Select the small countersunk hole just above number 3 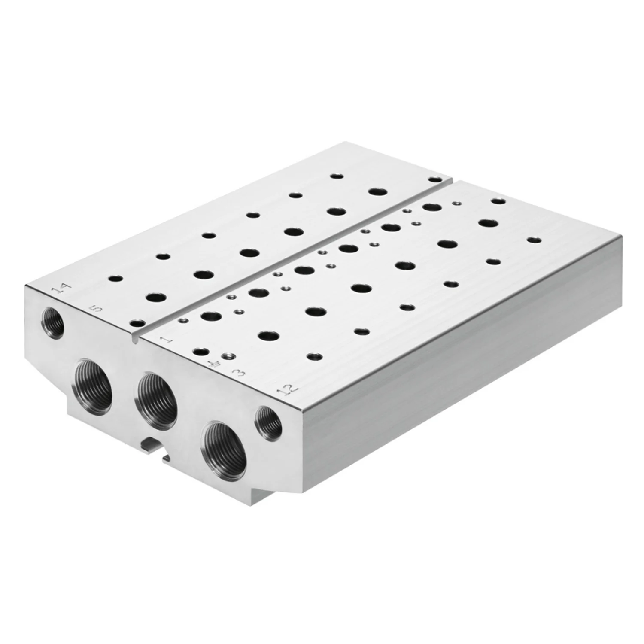tap(227, 356)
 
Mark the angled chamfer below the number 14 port tap(47, 369)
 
